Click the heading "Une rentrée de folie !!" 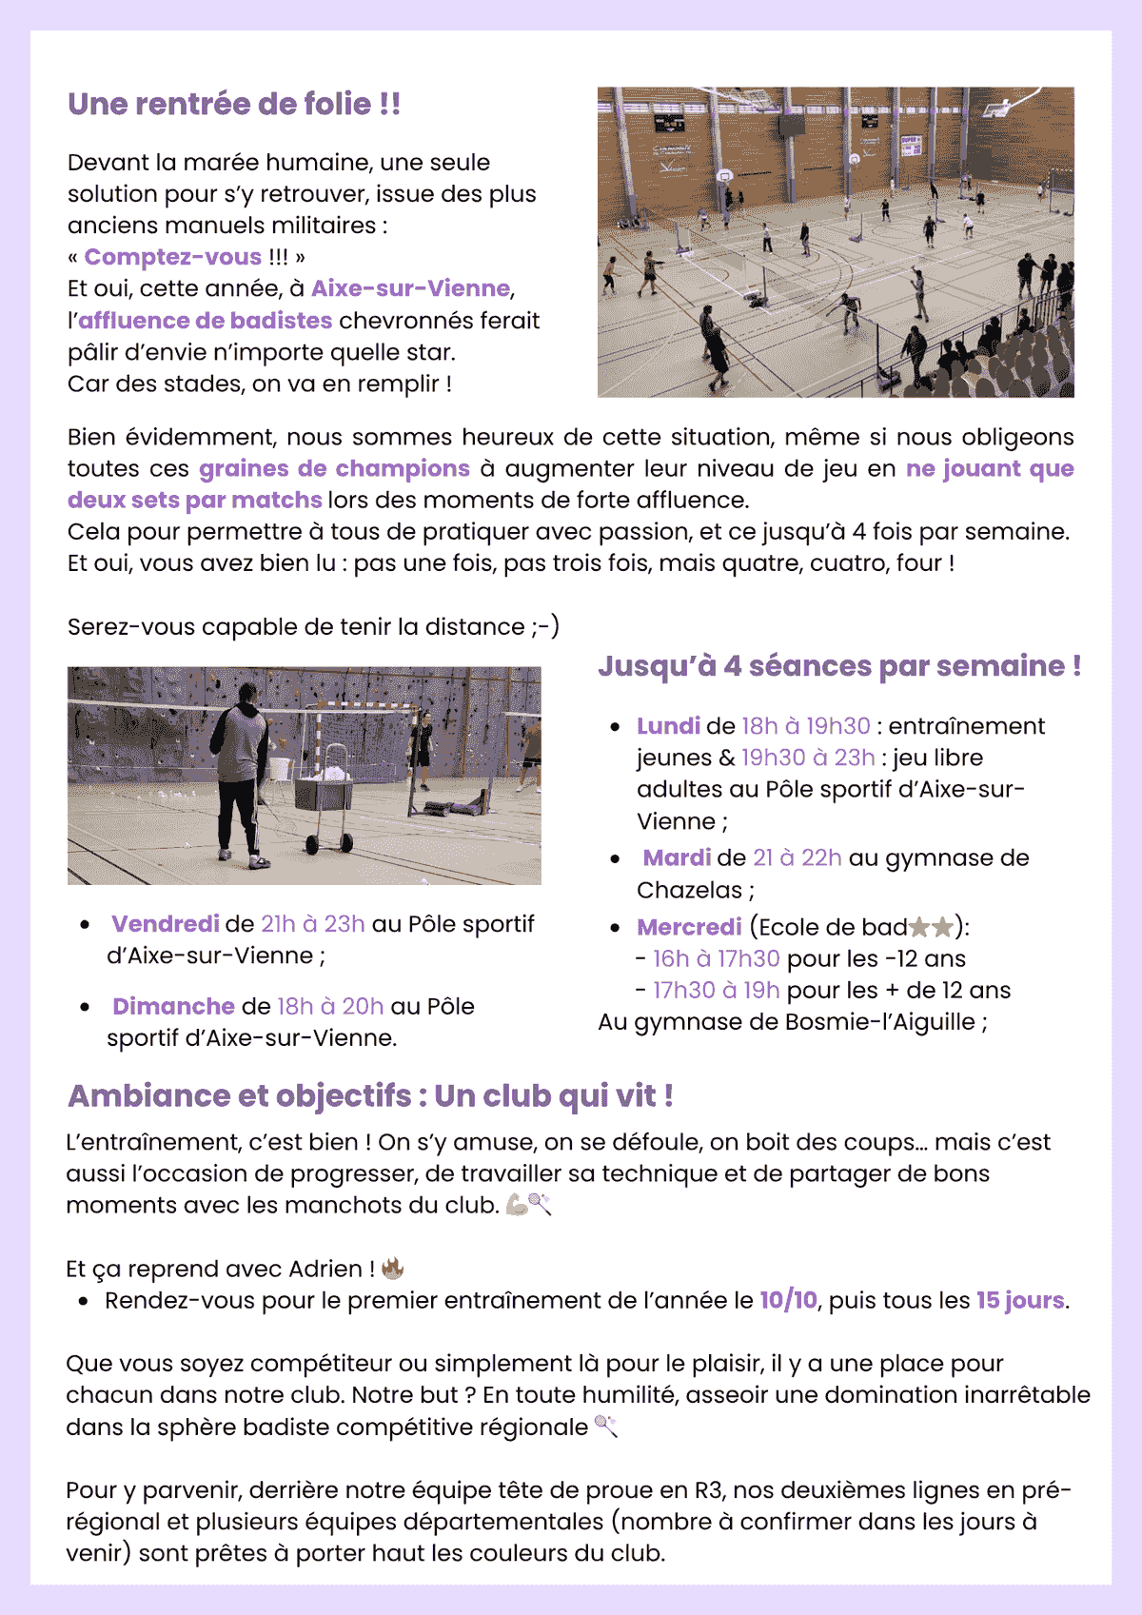pyautogui.click(x=234, y=104)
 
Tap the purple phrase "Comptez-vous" pyautogui.click(x=172, y=257)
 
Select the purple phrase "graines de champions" pyautogui.click(x=334, y=468)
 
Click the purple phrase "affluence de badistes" pyautogui.click(x=206, y=321)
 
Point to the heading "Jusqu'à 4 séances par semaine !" pyautogui.click(x=838, y=666)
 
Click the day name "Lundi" pyautogui.click(x=668, y=726)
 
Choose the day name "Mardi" pyautogui.click(x=677, y=857)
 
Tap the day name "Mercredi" pyautogui.click(x=689, y=927)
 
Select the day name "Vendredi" pyautogui.click(x=166, y=924)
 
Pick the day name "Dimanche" pyautogui.click(x=173, y=1006)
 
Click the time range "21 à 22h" pyautogui.click(x=797, y=857)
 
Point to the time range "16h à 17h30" pyautogui.click(x=717, y=958)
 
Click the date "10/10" pyautogui.click(x=788, y=1300)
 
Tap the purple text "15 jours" pyautogui.click(x=1020, y=1300)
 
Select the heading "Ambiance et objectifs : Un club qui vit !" pyautogui.click(x=370, y=1095)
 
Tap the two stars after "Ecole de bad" pyautogui.click(x=930, y=927)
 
